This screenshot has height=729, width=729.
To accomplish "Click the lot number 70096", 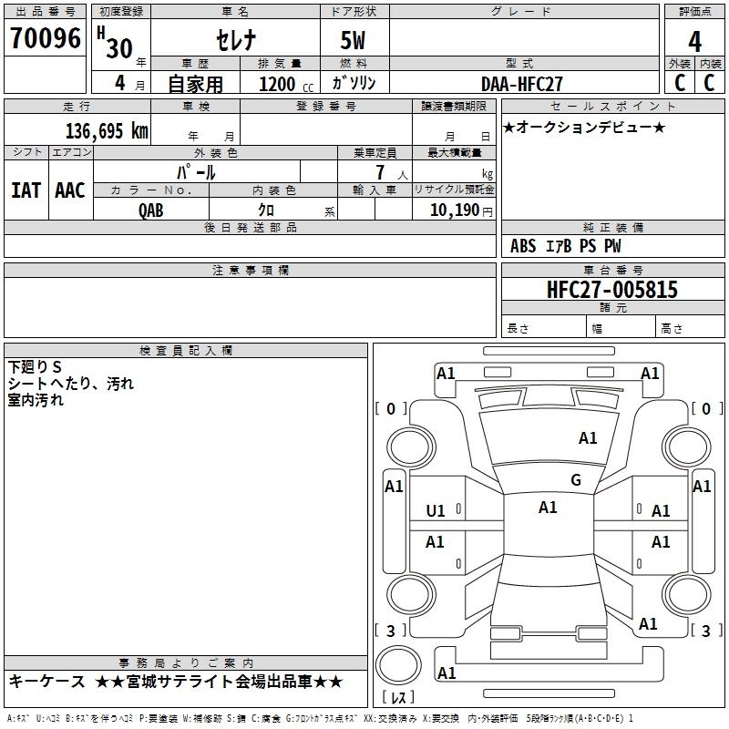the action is [45, 38].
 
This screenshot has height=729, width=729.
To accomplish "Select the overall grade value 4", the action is [694, 42].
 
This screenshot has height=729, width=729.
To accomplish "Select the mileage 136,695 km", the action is [107, 130].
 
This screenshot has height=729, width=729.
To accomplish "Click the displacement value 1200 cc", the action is [282, 84].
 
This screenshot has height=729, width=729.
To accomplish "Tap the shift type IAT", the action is [26, 190].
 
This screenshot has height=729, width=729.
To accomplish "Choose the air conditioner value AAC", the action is [69, 190].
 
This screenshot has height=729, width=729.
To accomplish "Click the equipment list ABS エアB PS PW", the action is [566, 245].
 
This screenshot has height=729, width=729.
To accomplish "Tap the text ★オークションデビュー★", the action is [583, 127].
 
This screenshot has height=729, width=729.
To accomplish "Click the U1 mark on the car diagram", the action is [436, 510].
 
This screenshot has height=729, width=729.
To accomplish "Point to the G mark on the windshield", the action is [575, 480].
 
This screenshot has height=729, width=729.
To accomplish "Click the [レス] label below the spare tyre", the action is [398, 698].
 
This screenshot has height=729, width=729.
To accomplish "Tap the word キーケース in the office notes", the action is [46, 682].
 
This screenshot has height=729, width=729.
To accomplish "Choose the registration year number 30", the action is [119, 48].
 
